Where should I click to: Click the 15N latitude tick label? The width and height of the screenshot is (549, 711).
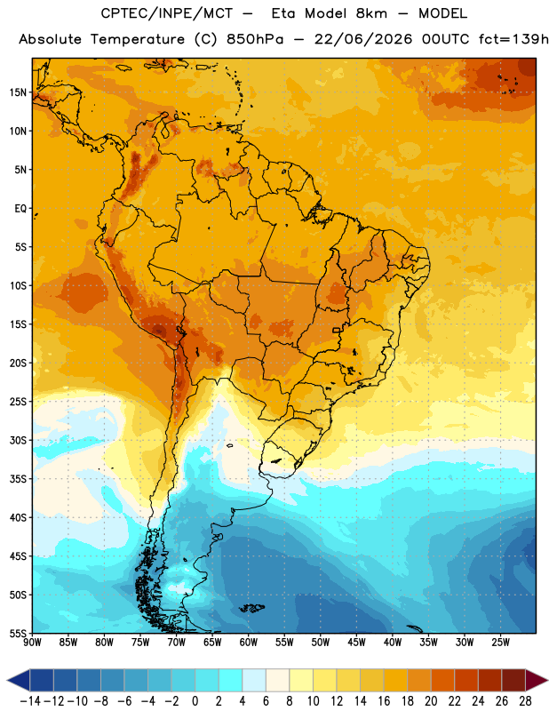[18, 92]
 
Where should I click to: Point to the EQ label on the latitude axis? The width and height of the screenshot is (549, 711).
[20, 209]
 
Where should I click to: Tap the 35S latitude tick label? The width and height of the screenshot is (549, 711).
[18, 479]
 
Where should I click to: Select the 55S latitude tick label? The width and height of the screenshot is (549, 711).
[18, 633]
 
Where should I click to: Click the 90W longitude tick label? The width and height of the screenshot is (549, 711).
[32, 643]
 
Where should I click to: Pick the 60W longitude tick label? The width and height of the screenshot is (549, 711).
[249, 643]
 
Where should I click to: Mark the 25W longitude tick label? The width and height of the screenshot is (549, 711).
[501, 643]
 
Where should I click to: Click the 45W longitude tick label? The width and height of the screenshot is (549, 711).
[357, 643]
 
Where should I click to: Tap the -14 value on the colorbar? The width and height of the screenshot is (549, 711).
[30, 701]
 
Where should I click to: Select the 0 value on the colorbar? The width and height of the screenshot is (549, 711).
[195, 701]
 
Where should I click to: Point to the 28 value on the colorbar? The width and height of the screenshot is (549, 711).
[525, 701]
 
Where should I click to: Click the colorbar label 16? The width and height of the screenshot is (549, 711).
[384, 701]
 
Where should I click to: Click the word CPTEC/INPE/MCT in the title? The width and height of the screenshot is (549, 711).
[167, 13]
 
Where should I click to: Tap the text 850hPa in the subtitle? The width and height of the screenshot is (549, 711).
[255, 39]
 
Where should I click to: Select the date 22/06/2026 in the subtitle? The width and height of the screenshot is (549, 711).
[363, 39]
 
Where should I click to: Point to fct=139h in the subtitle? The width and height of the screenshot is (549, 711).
[513, 39]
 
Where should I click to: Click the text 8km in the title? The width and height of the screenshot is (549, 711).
[371, 13]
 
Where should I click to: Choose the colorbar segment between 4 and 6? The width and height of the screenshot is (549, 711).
[254, 680]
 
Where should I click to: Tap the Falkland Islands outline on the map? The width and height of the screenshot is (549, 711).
[251, 608]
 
